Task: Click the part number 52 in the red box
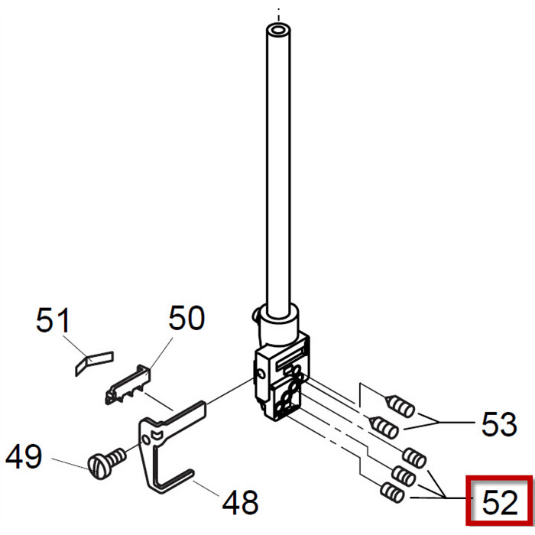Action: [x=500, y=503]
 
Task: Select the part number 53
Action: [x=499, y=423]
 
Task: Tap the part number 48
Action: [x=240, y=501]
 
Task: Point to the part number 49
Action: [x=24, y=456]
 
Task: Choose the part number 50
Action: [x=186, y=318]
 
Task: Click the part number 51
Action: [x=53, y=319]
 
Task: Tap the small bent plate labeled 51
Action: [x=94, y=363]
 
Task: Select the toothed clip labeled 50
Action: [x=128, y=384]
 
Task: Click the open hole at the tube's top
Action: [x=279, y=30]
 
